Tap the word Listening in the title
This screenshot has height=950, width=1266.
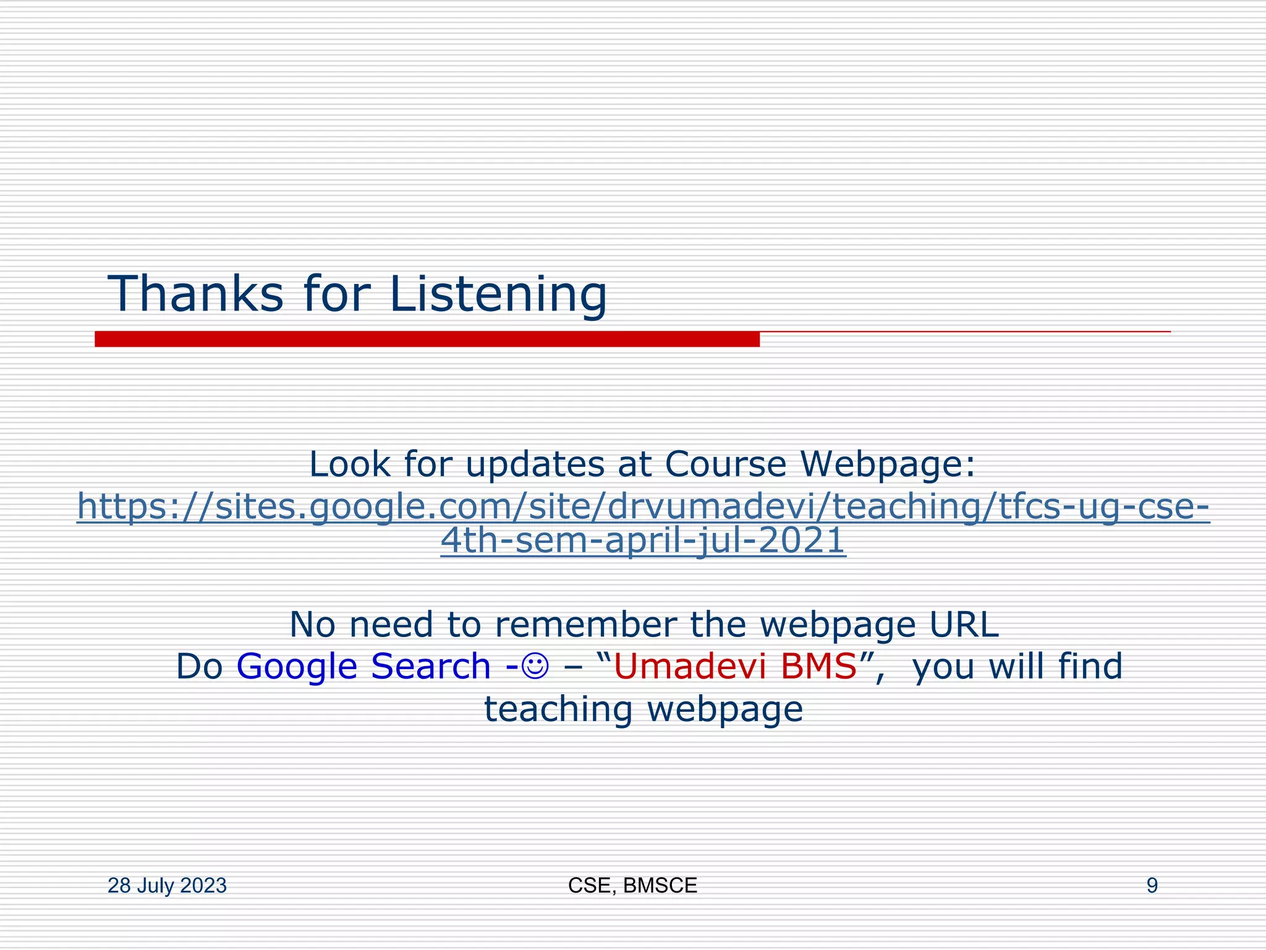point(498,294)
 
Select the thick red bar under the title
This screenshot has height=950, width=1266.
point(427,339)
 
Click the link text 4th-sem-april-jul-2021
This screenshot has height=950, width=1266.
point(643,540)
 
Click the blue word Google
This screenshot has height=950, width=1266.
point(297,667)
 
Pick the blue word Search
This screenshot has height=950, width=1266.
point(430,666)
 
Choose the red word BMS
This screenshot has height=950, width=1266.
point(818,666)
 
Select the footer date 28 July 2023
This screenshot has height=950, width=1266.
point(167,886)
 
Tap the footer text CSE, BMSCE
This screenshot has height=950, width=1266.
point(632,886)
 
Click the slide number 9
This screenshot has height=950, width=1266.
point(1152,886)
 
